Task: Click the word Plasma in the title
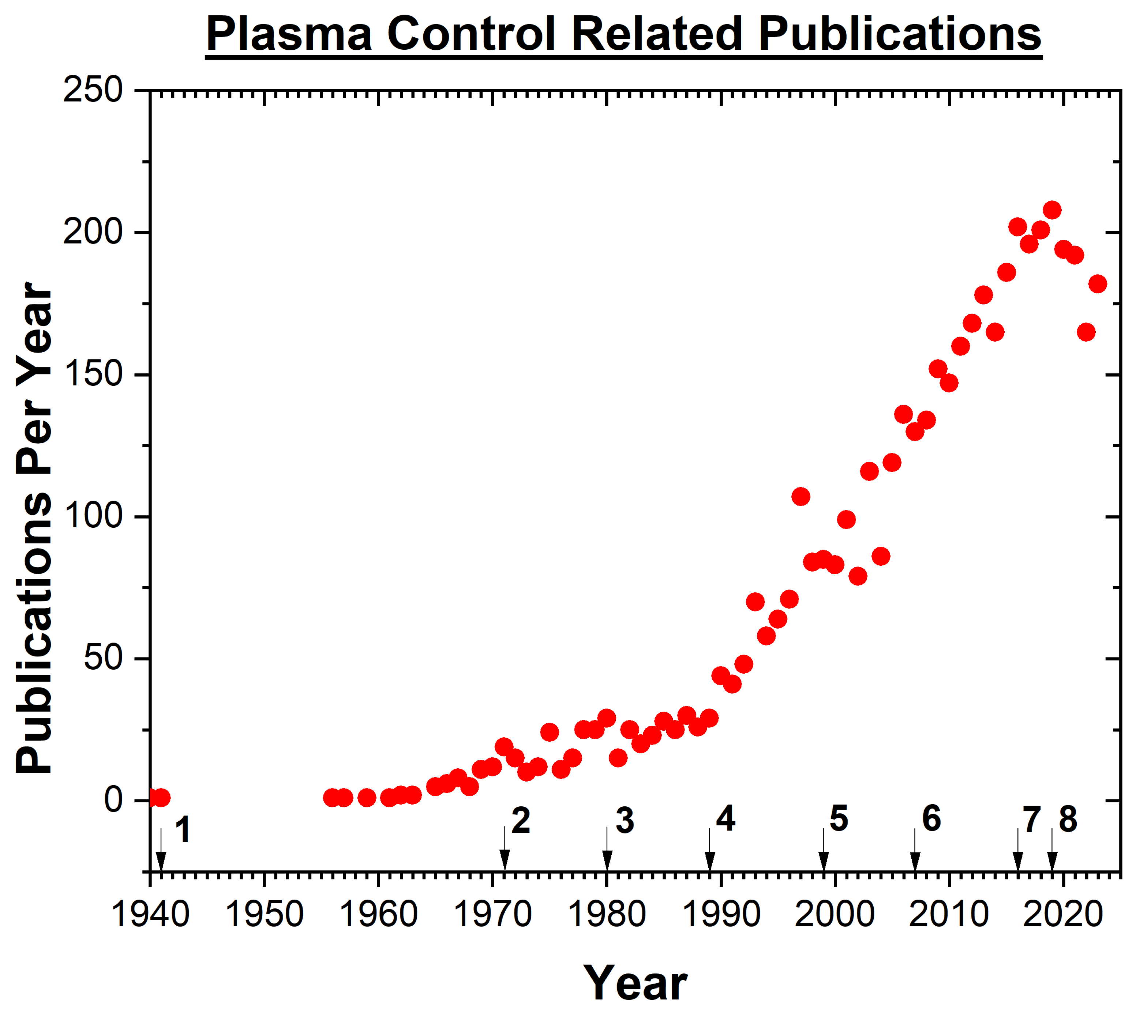(x=288, y=34)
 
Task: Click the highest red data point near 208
(x=1051, y=210)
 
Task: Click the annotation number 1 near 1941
(x=183, y=830)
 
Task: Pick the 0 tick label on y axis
(x=113, y=801)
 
